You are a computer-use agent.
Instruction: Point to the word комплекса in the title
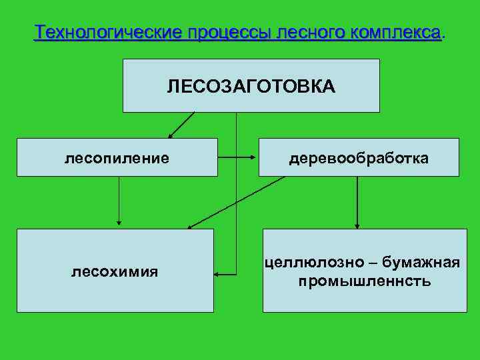(x=400, y=33)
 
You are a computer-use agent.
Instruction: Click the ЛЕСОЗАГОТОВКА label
(x=251, y=86)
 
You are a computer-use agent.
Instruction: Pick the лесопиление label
(x=117, y=158)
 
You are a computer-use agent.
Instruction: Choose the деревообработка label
(x=359, y=158)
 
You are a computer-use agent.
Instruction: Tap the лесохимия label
(x=115, y=271)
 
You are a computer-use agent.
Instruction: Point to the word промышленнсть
(x=365, y=281)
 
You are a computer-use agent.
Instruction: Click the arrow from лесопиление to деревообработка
(x=238, y=158)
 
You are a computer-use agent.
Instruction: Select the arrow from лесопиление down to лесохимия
(x=119, y=200)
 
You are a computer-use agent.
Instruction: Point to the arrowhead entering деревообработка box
(x=254, y=158)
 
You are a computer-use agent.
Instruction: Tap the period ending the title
(x=444, y=35)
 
